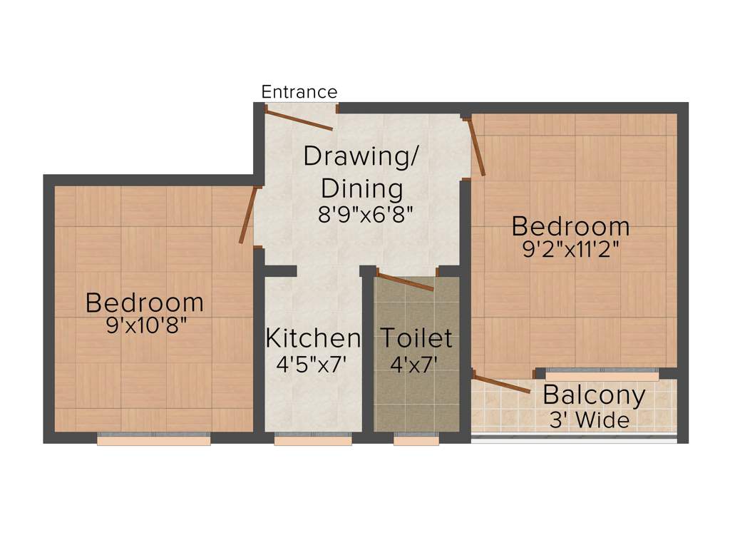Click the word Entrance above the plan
pos(299,92)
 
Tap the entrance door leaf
pos(299,118)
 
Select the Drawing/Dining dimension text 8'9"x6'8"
pos(366,215)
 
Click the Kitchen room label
pos(313,338)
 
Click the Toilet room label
pos(416,338)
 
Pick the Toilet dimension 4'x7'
pos(413,364)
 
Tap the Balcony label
pos(594,394)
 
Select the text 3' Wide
pos(589,420)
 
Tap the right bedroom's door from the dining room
pos(477,147)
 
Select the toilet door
pos(404,282)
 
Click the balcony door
pos(502,384)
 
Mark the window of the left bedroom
pos(153,440)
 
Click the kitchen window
pos(313,440)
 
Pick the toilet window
pos(416,440)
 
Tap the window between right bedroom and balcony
pos(602,371)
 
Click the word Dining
pos(362,188)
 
